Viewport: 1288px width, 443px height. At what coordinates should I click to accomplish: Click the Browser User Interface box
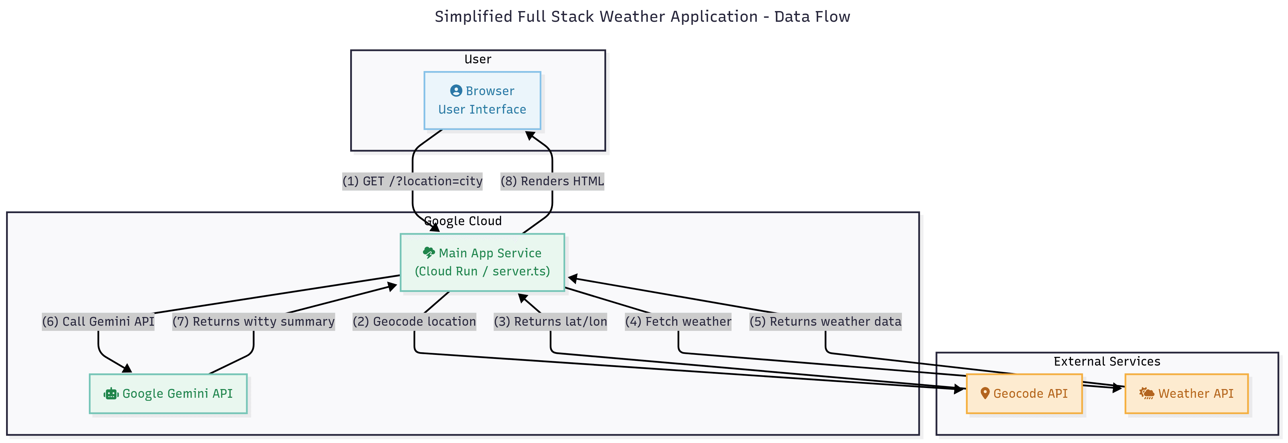coord(482,101)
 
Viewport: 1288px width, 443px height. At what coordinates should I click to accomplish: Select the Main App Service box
coord(482,262)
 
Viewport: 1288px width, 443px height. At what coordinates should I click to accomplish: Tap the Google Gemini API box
coord(168,393)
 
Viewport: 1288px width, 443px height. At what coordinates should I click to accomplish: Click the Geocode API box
coord(1024,393)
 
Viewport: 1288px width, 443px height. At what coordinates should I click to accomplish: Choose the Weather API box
coord(1186,393)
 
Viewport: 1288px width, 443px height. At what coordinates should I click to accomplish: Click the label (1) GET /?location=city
coord(413,181)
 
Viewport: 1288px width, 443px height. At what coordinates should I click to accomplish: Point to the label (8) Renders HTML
coord(552,181)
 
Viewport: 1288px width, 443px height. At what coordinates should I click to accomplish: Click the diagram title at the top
coord(642,16)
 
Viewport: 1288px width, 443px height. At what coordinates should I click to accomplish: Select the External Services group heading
coord(1107,361)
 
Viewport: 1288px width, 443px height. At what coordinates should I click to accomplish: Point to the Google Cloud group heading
coord(463,221)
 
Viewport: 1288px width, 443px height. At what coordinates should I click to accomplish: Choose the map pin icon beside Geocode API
coord(984,393)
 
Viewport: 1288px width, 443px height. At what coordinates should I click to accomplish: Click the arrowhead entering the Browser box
coord(530,135)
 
